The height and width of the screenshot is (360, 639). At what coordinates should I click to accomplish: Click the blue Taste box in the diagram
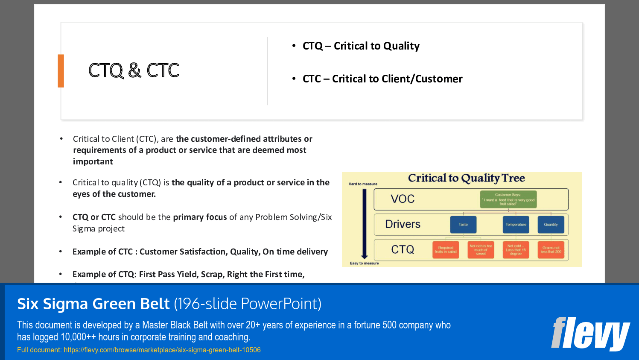click(463, 225)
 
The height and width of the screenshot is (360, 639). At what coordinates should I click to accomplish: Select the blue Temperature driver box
click(516, 225)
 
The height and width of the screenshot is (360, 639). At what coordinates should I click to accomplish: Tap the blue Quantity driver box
click(551, 225)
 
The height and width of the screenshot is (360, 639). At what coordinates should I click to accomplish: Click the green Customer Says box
click(508, 199)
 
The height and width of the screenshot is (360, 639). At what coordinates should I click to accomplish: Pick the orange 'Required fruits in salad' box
click(446, 250)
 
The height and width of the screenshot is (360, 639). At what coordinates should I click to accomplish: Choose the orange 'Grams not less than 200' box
click(551, 250)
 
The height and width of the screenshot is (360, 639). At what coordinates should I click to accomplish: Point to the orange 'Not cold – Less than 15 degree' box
click(516, 250)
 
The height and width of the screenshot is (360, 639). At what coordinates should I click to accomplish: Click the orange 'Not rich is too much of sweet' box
click(481, 250)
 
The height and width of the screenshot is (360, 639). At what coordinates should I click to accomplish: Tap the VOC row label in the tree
click(403, 199)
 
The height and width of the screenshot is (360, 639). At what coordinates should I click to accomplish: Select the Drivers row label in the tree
click(403, 224)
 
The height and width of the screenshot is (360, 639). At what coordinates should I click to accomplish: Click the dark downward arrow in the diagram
click(364, 224)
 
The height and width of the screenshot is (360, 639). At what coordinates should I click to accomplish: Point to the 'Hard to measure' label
click(363, 184)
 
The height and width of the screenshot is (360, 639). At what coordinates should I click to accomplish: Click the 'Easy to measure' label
click(364, 263)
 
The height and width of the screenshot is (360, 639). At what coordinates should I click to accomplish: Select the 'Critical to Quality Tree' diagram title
click(466, 178)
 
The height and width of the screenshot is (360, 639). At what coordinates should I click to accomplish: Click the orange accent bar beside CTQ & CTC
click(61, 71)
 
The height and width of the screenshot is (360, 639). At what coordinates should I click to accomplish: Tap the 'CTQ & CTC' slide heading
click(134, 70)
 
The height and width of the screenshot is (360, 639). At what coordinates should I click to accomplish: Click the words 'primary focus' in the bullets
click(200, 217)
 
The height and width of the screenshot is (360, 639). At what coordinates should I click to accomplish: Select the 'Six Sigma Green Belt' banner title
click(93, 304)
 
